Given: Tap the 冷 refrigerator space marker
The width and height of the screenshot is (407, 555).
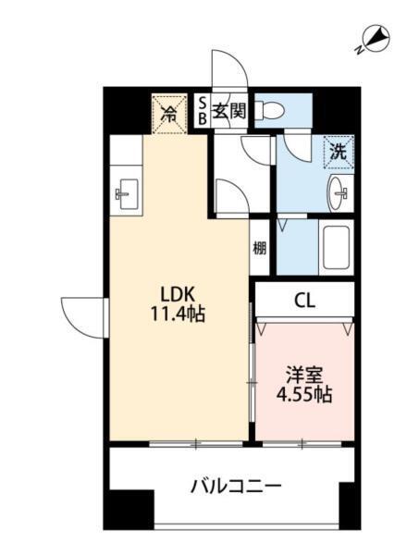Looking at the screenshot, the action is click(169, 114).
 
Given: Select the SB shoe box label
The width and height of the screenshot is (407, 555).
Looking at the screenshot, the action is click(202, 111).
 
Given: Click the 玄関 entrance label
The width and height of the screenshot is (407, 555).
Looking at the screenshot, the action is click(229, 112).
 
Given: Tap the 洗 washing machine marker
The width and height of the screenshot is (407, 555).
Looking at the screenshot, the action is click(339, 153).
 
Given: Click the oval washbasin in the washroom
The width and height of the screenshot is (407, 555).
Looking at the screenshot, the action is click(337, 193).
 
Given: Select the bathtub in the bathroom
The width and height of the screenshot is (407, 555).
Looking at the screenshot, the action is click(336, 247).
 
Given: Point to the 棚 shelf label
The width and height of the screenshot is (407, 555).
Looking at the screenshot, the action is click(259, 248).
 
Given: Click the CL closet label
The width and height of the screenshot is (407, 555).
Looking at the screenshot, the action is click(304, 302).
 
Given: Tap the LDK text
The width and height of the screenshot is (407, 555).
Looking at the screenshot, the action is click(178, 294).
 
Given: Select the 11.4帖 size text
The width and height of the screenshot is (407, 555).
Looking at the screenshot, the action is click(178, 314).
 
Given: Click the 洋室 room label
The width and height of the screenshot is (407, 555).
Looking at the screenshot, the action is click(304, 376).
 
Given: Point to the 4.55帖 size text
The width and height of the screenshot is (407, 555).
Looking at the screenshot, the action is click(304, 395).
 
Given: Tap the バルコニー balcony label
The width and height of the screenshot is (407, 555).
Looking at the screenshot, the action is click(236, 487).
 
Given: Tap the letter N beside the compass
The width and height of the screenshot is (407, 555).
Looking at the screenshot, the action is click(359, 50).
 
